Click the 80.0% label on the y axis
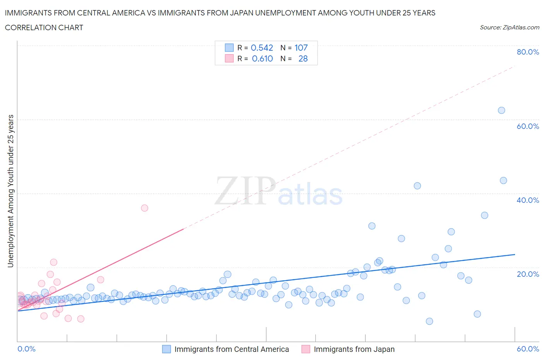528,52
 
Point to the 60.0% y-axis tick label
528,126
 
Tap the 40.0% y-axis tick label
528,200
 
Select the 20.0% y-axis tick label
528,274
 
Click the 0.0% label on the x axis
26,349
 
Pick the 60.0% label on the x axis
528,349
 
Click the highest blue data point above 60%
501,110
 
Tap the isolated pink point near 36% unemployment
144,208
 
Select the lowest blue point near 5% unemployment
429,321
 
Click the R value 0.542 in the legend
262,48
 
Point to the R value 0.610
262,58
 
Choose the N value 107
301,48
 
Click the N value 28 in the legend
303,58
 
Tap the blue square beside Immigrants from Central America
166,349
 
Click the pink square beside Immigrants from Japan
306,349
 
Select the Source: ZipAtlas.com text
509,27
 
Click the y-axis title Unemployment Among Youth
10,191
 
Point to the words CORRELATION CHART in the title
44,27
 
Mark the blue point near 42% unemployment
417,186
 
